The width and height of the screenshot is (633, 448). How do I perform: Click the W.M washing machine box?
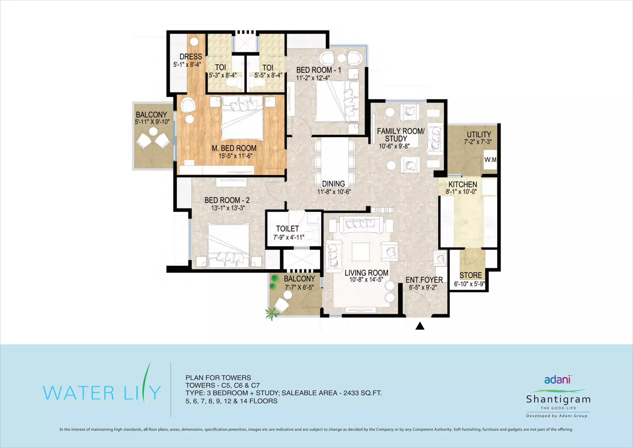click(x=490, y=160)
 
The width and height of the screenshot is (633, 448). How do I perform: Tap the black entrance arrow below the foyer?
click(x=420, y=326)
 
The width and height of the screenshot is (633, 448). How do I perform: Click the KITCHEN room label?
click(x=463, y=184)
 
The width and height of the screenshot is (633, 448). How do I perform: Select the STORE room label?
click(x=470, y=275)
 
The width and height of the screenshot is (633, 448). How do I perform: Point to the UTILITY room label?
click(x=479, y=135)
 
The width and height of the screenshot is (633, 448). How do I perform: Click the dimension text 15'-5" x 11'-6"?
click(x=235, y=156)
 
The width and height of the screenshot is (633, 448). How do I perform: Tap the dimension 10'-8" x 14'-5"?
click(x=366, y=280)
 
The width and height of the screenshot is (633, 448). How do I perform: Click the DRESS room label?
click(x=191, y=57)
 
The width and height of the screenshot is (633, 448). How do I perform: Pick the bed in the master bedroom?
click(x=242, y=118)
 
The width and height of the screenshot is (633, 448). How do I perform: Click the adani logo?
click(x=558, y=379)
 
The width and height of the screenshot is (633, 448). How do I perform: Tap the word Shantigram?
click(x=558, y=399)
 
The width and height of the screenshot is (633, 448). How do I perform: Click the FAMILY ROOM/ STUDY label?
click(x=401, y=135)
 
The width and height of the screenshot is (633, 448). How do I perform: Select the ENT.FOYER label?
click(x=424, y=280)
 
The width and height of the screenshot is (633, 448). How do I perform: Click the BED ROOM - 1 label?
click(x=319, y=70)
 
